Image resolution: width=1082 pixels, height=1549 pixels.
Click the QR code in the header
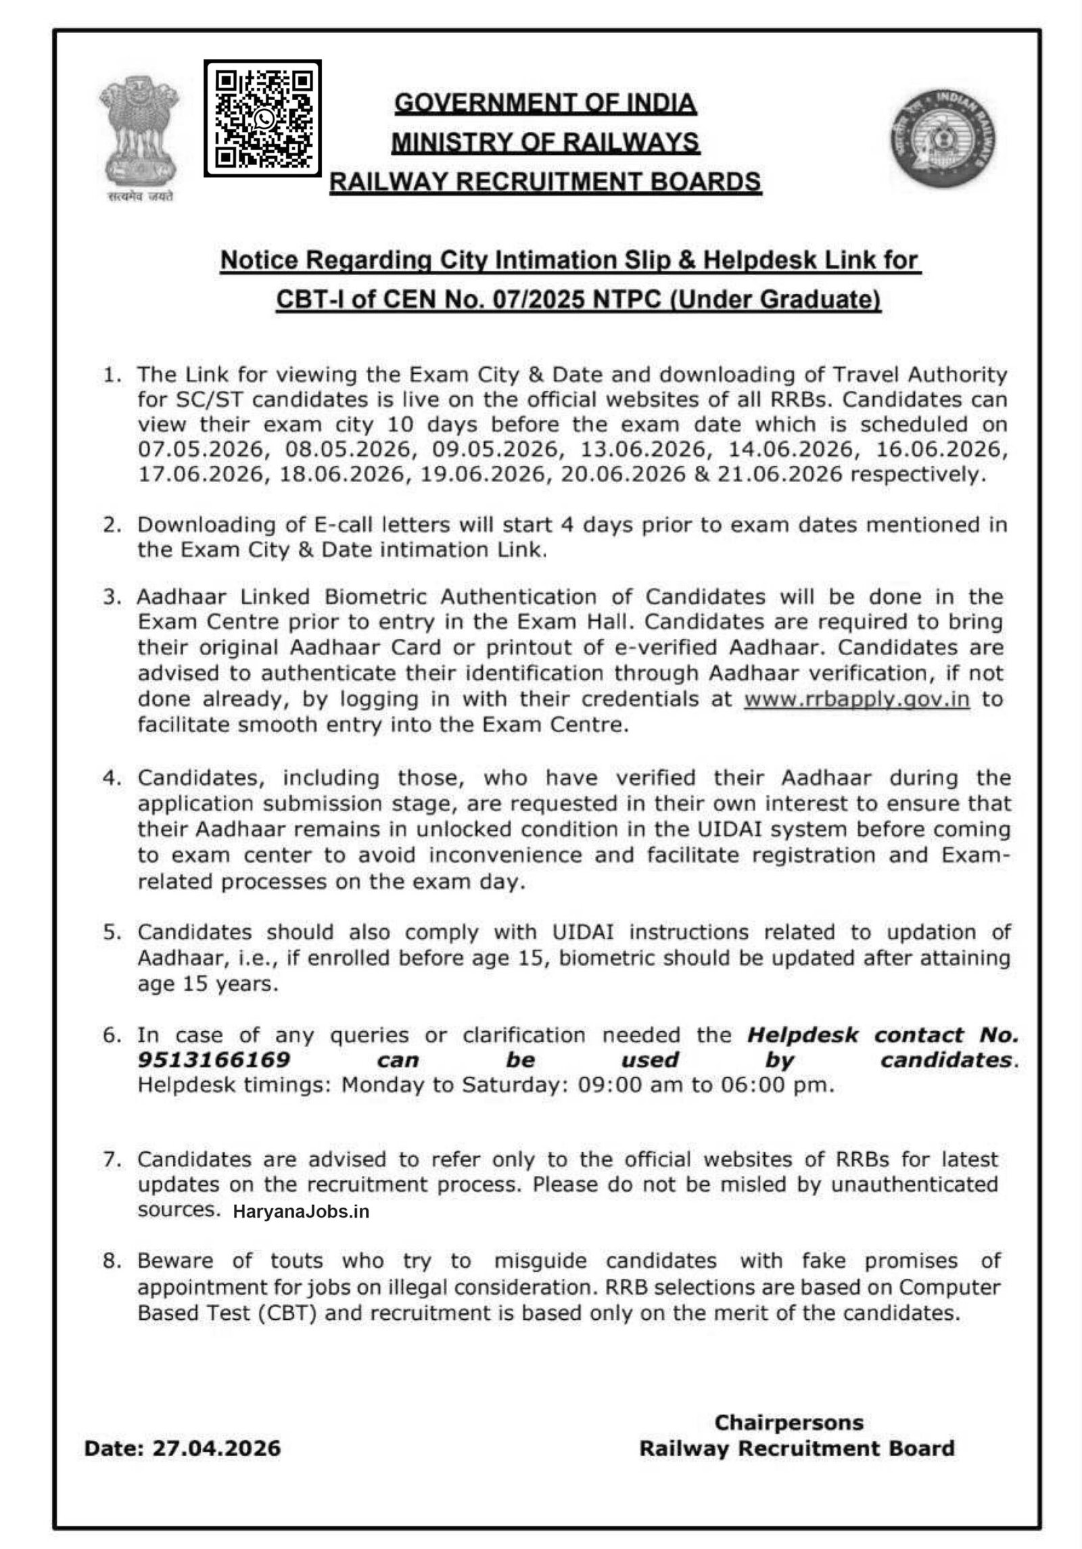(x=262, y=118)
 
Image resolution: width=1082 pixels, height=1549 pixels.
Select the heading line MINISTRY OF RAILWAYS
(x=546, y=142)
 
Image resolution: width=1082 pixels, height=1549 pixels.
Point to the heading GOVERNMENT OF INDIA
(x=546, y=103)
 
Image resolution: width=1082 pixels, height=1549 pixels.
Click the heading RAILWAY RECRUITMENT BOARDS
(x=546, y=181)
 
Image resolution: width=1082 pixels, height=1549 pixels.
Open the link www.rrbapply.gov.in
(x=857, y=699)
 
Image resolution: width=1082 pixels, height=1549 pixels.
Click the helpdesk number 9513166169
(x=214, y=1059)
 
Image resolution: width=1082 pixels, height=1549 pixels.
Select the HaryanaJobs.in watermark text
(x=301, y=1211)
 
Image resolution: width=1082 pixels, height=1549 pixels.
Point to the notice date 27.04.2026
(x=216, y=1448)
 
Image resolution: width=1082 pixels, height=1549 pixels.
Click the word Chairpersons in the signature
(x=789, y=1423)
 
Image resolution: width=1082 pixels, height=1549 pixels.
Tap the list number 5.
(x=110, y=932)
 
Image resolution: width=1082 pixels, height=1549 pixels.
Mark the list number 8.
(x=110, y=1261)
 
